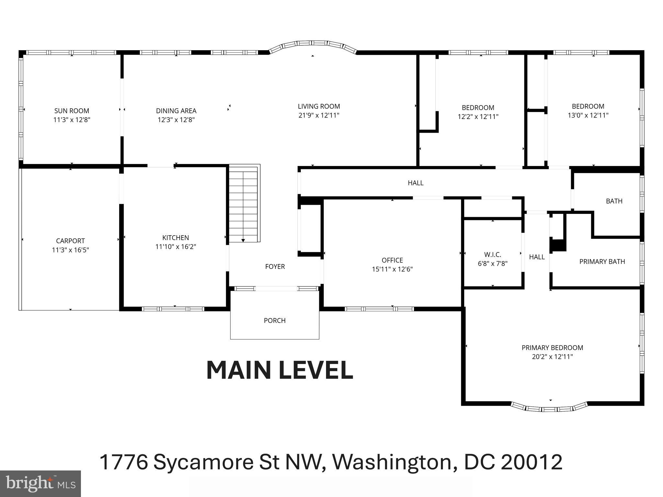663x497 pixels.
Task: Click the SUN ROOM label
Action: pos(72,111)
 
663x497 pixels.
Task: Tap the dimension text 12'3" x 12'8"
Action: pos(176,120)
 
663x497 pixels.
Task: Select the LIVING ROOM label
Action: pos(319,106)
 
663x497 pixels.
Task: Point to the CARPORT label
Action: pos(70,241)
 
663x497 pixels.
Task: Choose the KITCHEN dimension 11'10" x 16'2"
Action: pos(175,247)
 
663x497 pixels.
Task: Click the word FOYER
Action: pos(275,267)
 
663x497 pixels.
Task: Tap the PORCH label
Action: pos(275,320)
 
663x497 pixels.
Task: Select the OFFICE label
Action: pos(392,260)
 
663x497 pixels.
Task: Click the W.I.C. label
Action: pos(492,255)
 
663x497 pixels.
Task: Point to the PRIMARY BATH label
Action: pos(602,261)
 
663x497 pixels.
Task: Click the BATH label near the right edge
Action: pos(614,201)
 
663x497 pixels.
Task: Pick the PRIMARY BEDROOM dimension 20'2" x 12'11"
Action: pos(552,357)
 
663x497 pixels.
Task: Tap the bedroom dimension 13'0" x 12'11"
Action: pos(588,115)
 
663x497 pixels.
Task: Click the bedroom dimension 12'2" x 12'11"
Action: pos(478,116)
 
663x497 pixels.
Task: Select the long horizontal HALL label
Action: pos(415,183)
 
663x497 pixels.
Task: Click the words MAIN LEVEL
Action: pos(279,370)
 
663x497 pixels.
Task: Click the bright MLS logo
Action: pos(40,483)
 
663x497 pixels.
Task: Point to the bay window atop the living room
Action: pos(313,45)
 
